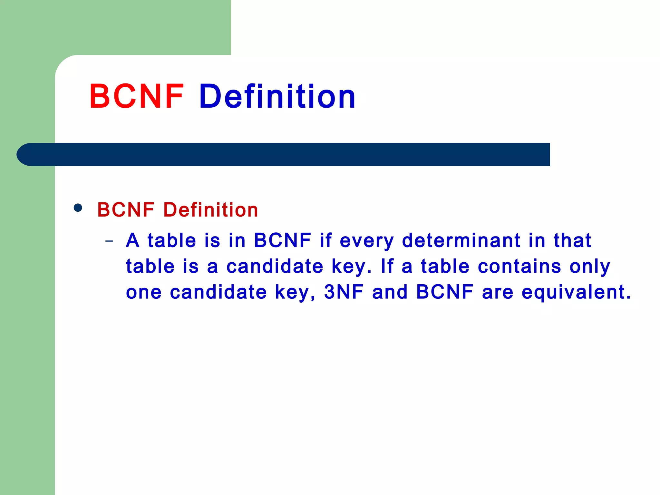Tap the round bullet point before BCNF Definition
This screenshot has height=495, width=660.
78,208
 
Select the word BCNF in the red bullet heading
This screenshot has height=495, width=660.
126,210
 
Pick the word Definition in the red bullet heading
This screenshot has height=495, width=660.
211,210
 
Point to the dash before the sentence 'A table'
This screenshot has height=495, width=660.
109,241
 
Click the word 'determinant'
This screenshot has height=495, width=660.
461,240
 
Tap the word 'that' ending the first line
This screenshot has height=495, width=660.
572,240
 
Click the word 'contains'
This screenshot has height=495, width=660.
519,267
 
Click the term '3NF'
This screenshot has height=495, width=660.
344,292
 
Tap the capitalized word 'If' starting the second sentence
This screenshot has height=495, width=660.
387,267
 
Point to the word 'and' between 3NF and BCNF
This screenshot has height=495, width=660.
390,292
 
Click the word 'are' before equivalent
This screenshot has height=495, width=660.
497,293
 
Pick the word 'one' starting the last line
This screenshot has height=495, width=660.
144,293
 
